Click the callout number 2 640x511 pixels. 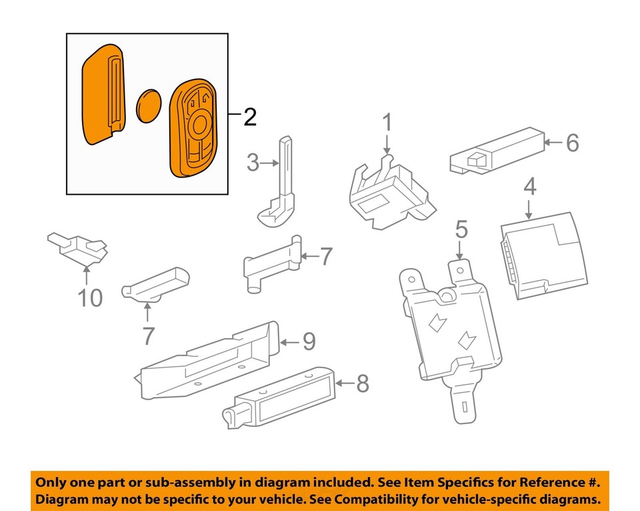point(249,117)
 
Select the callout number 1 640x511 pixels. point(388,123)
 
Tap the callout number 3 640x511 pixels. point(252,162)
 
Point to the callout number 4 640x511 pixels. point(529,187)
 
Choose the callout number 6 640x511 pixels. point(573,142)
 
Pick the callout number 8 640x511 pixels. point(362,383)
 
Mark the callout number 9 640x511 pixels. point(308,342)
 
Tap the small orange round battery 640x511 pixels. point(150,105)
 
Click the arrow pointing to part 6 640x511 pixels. point(553,142)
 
